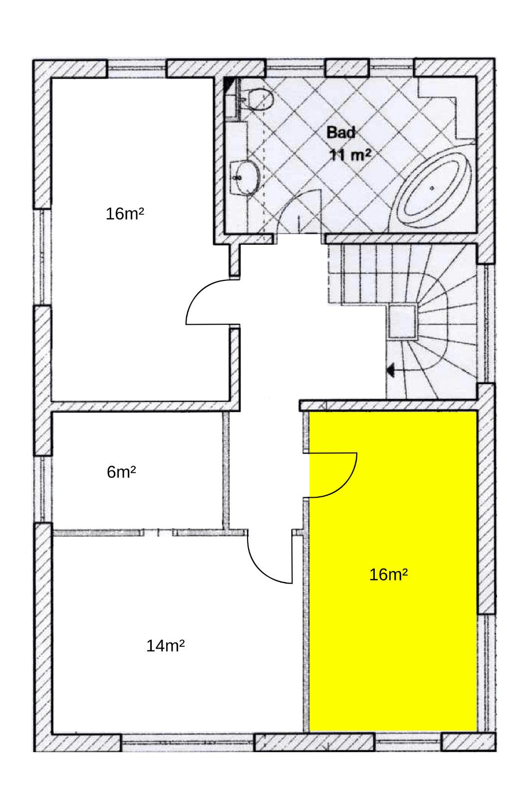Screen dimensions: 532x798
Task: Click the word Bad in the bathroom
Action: click(341, 133)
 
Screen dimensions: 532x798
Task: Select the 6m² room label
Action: click(121, 472)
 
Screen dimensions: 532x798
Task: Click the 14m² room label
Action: click(166, 645)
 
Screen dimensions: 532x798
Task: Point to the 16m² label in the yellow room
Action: click(388, 575)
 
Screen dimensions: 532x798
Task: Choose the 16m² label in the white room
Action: click(125, 214)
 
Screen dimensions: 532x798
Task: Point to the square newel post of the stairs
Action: click(402, 322)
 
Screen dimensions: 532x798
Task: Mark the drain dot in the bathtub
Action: click(433, 188)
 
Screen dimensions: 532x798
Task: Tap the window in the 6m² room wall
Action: click(42, 489)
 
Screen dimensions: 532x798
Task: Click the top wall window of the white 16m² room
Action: click(137, 68)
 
